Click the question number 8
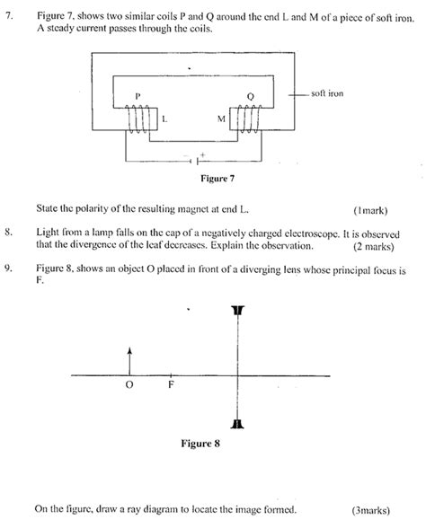tap(9, 233)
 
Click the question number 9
tap(9, 267)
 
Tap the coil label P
tap(138, 96)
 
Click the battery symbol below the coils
tap(191, 161)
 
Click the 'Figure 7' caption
tap(193, 179)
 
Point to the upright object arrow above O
tap(130, 359)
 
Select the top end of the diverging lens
tap(237, 311)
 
